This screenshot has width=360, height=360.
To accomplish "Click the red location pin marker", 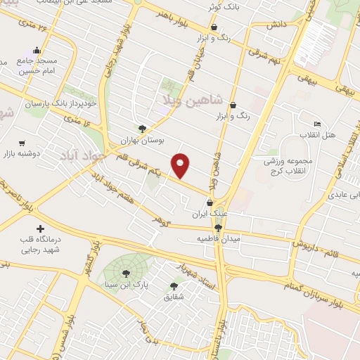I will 181,166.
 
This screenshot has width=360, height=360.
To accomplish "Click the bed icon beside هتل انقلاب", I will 317,124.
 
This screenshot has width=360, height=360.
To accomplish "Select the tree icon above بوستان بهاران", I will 143,129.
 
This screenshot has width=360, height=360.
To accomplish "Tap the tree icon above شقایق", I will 174,285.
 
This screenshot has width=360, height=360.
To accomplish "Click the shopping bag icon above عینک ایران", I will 210,202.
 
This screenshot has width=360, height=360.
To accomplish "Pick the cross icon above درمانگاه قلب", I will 39,229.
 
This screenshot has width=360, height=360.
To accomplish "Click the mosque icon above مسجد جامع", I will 37,52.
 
